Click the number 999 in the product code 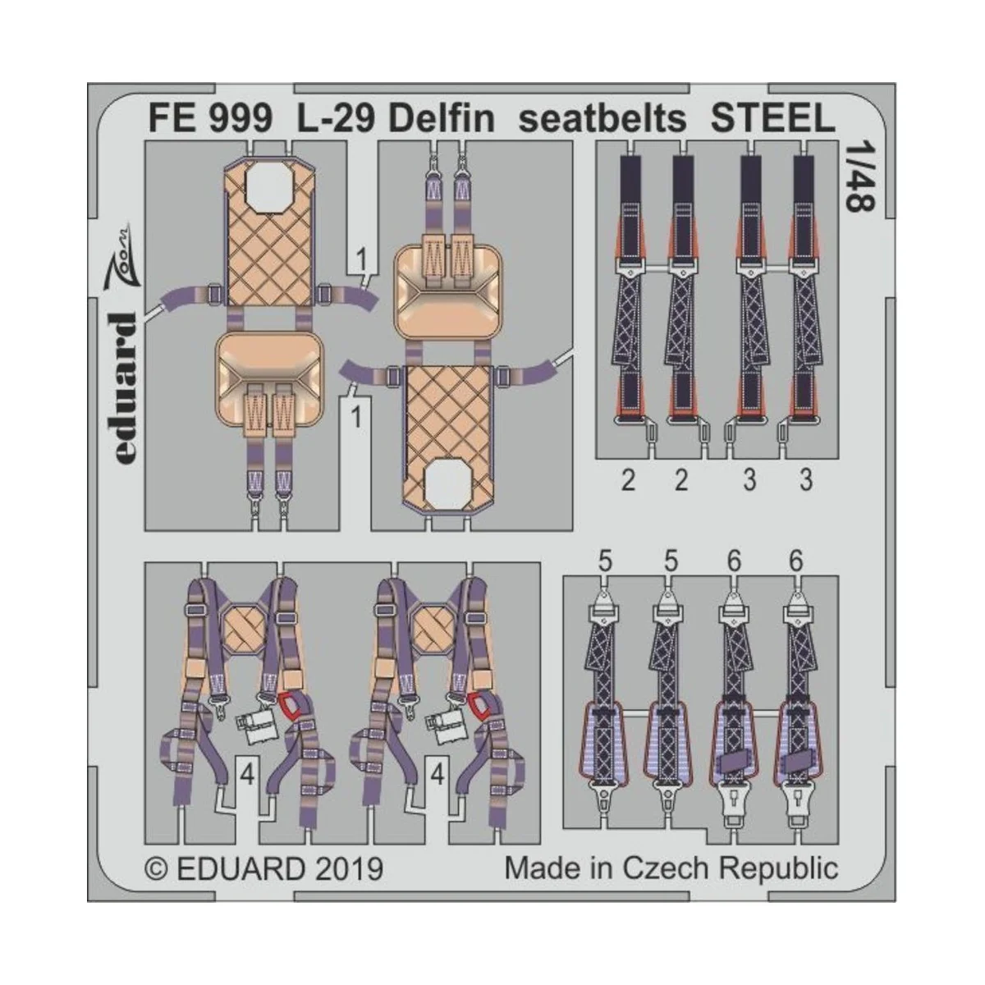pos(239,120)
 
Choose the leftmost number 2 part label pos(628,480)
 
